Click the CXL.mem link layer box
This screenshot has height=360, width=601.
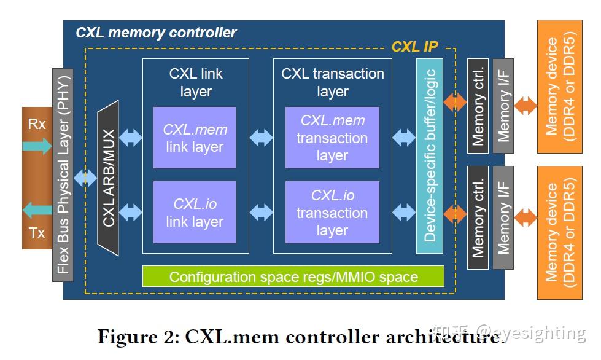195,138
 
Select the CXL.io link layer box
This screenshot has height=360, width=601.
195,213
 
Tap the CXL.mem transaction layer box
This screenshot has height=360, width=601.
332,138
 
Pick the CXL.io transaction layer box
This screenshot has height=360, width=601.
332,213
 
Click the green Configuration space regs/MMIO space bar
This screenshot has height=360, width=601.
293,276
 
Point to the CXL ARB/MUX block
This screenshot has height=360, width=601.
108,178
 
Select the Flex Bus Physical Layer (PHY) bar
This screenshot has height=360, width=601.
63,175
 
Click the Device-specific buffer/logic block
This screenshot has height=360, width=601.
430,156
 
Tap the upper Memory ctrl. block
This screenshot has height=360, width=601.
478,106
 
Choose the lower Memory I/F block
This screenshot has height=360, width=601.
503,217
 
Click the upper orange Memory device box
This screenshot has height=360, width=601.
560,87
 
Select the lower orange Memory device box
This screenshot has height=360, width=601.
560,233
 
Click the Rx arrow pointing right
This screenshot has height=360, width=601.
37,146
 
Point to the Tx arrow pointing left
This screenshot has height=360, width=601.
37,210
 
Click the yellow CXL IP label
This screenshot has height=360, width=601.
414,47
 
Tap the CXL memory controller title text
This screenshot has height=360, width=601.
156,33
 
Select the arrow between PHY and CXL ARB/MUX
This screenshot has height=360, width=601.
85,178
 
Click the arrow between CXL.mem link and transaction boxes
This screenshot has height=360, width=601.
261,138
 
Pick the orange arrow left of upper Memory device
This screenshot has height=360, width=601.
525,106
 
